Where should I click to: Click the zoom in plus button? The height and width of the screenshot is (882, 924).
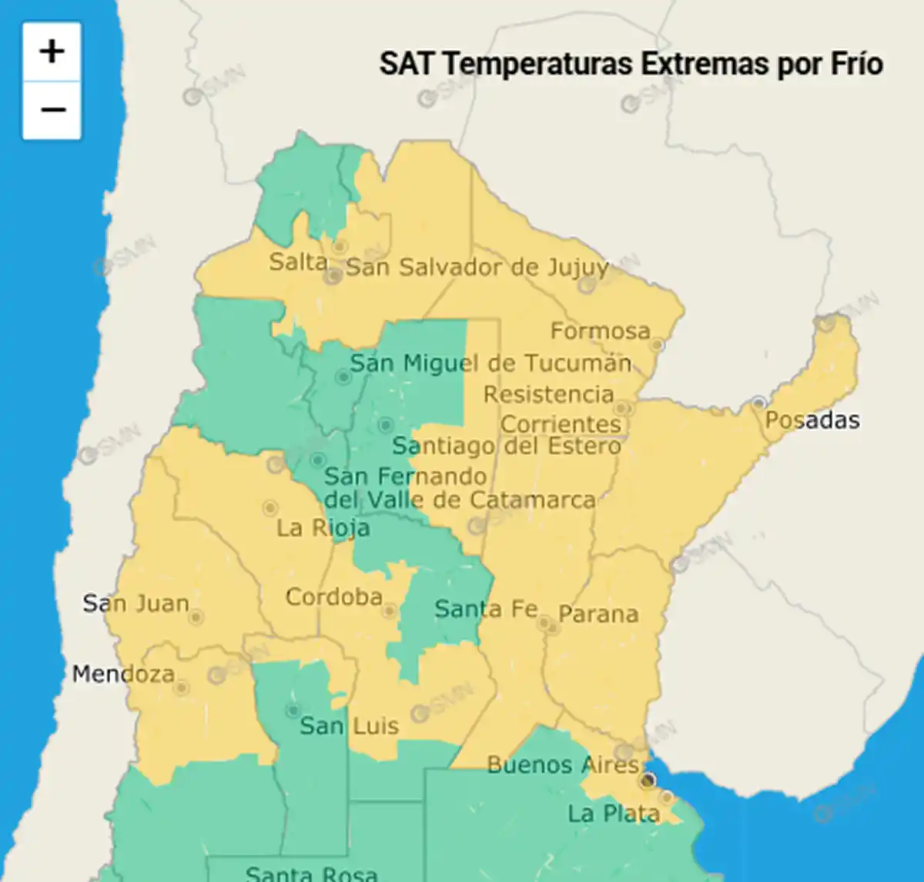tap(52, 52)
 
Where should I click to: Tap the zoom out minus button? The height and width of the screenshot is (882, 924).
tap(52, 110)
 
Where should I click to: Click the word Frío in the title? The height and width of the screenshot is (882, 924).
tap(856, 64)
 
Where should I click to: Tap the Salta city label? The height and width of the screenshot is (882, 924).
tap(298, 262)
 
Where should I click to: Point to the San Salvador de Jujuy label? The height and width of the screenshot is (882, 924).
tap(477, 268)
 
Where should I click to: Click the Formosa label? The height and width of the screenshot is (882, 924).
tap(600, 331)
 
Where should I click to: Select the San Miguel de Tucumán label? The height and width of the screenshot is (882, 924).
tap(490, 362)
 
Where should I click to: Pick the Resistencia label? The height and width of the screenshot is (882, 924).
tap(548, 394)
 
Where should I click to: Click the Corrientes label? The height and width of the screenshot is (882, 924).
tap(561, 424)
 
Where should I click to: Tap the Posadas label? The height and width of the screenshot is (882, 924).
tap(812, 420)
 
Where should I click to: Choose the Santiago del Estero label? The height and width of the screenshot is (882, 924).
tap(506, 446)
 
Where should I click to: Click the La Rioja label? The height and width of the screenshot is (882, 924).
tap(323, 528)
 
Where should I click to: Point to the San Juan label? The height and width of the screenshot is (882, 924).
tap(136, 603)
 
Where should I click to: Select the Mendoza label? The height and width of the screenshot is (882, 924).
tap(123, 674)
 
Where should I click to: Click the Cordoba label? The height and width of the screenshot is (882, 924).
tap(334, 596)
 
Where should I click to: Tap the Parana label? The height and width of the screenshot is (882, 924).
tap(598, 614)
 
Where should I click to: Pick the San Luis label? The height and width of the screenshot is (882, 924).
tap(350, 726)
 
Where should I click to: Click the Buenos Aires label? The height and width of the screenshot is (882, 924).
tap(563, 765)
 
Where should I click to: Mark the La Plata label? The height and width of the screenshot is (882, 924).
tap(614, 814)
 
